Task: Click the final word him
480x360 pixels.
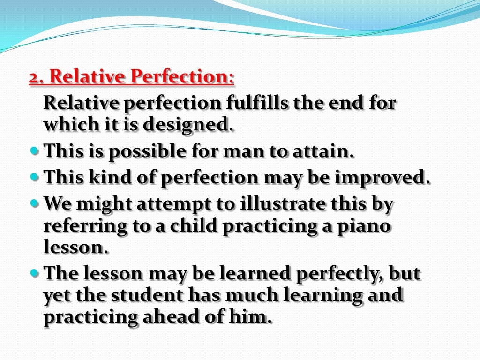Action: point(254,317)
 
